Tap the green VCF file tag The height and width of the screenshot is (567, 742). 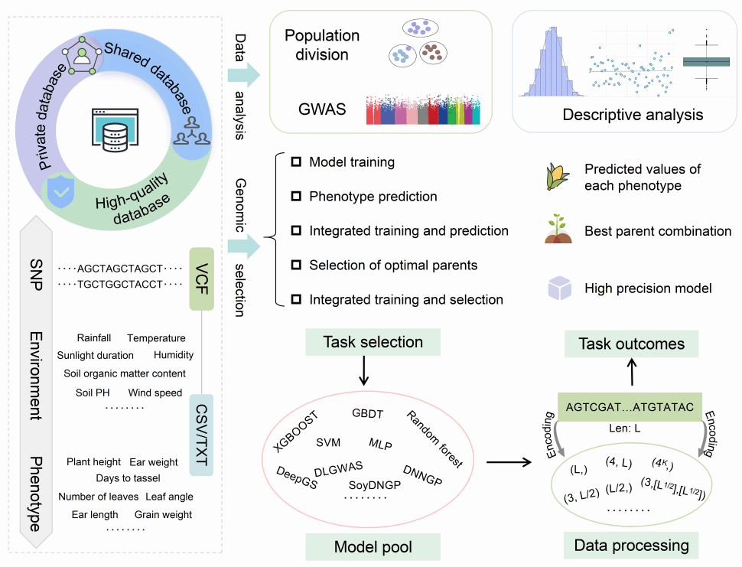pyautogui.click(x=200, y=278)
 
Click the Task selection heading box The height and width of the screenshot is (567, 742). pyautogui.click(x=363, y=341)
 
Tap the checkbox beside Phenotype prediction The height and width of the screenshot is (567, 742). pyautogui.click(x=296, y=197)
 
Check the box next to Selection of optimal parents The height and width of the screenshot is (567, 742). pyautogui.click(x=296, y=266)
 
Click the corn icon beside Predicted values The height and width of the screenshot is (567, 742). pyautogui.click(x=557, y=177)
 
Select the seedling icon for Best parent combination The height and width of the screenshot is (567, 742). pyautogui.click(x=558, y=230)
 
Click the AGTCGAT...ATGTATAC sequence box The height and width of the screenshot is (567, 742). pyautogui.click(x=631, y=407)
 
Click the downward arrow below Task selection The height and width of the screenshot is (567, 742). pyautogui.click(x=363, y=370)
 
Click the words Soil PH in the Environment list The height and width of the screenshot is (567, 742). pyautogui.click(x=94, y=393)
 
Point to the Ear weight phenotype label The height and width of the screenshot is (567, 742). pyautogui.click(x=153, y=462)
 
